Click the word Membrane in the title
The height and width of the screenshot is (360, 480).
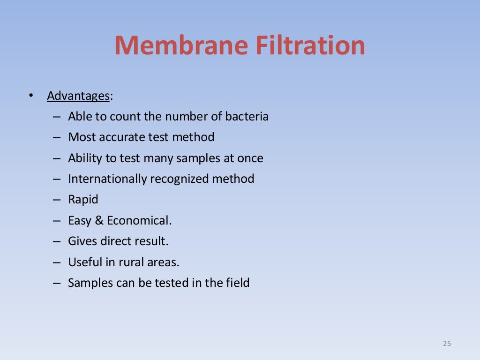(x=180, y=45)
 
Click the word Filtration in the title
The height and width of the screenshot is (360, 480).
(x=309, y=45)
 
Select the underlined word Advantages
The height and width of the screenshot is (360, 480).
(x=78, y=96)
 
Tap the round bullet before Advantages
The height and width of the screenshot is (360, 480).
(x=31, y=96)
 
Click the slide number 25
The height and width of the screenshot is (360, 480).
(x=447, y=344)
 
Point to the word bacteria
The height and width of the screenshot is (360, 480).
(x=247, y=116)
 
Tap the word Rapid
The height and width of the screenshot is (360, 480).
(x=83, y=200)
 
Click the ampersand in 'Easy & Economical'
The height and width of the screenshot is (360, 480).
(x=99, y=220)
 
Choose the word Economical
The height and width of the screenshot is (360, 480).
(x=139, y=220)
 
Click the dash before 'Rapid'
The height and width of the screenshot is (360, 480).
(x=57, y=200)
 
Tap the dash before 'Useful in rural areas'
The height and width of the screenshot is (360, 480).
(x=57, y=262)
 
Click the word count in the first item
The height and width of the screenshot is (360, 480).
(x=125, y=116)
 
